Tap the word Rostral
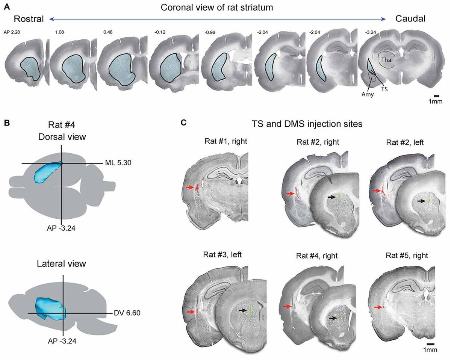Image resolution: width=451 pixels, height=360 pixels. pos(29,19)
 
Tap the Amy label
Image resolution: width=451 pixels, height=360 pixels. pos(368,95)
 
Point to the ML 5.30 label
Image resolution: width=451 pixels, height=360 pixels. pos(117,163)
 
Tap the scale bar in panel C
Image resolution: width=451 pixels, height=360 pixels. pos(431,343)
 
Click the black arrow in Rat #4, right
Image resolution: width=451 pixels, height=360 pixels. pos(332,318)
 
